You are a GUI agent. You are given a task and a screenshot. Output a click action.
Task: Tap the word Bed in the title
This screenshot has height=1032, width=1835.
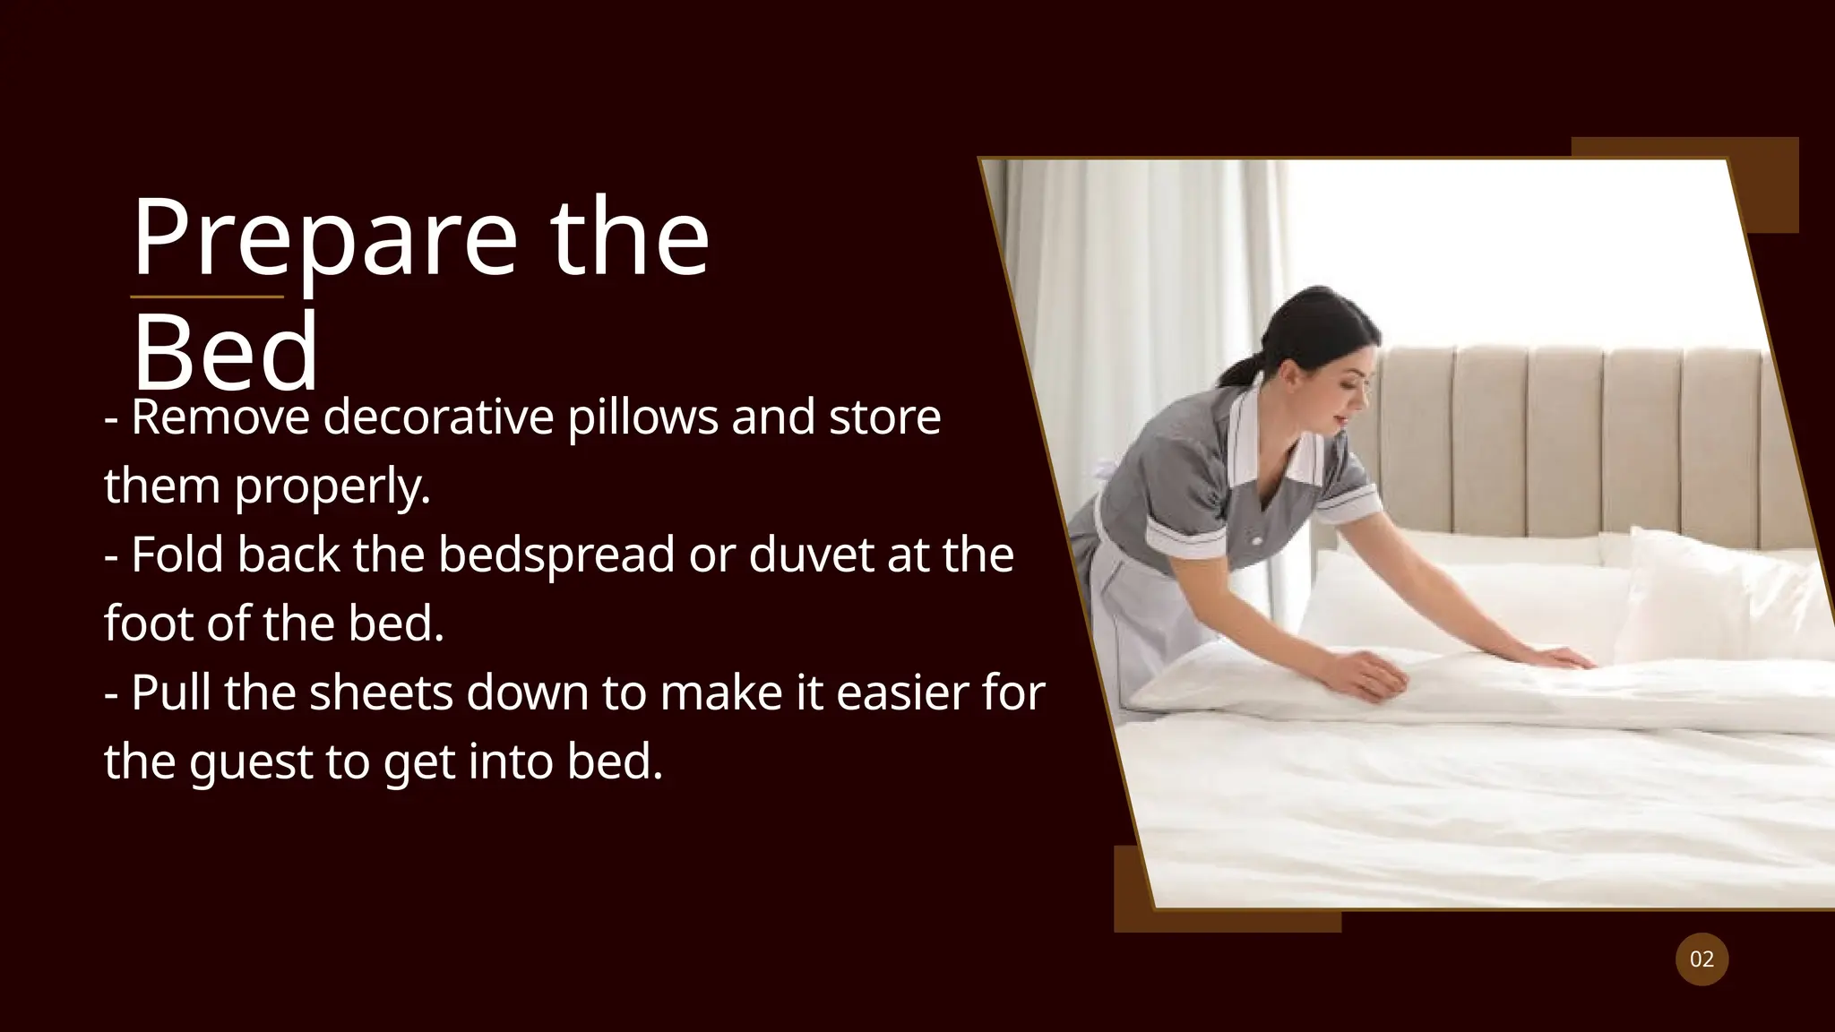pyautogui.click(x=226, y=351)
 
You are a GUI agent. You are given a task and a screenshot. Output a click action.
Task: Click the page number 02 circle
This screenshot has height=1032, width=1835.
pyautogui.click(x=1701, y=959)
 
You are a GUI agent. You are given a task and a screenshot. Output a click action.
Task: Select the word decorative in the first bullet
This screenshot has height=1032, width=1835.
pyautogui.click(x=438, y=417)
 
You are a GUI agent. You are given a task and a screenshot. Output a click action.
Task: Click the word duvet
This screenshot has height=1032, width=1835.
pyautogui.click(x=811, y=555)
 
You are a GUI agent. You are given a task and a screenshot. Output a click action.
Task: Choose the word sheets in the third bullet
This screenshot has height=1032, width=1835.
pyautogui.click(x=381, y=693)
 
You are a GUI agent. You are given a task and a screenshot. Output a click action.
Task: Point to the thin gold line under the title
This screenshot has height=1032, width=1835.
pyautogui.click(x=207, y=297)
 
